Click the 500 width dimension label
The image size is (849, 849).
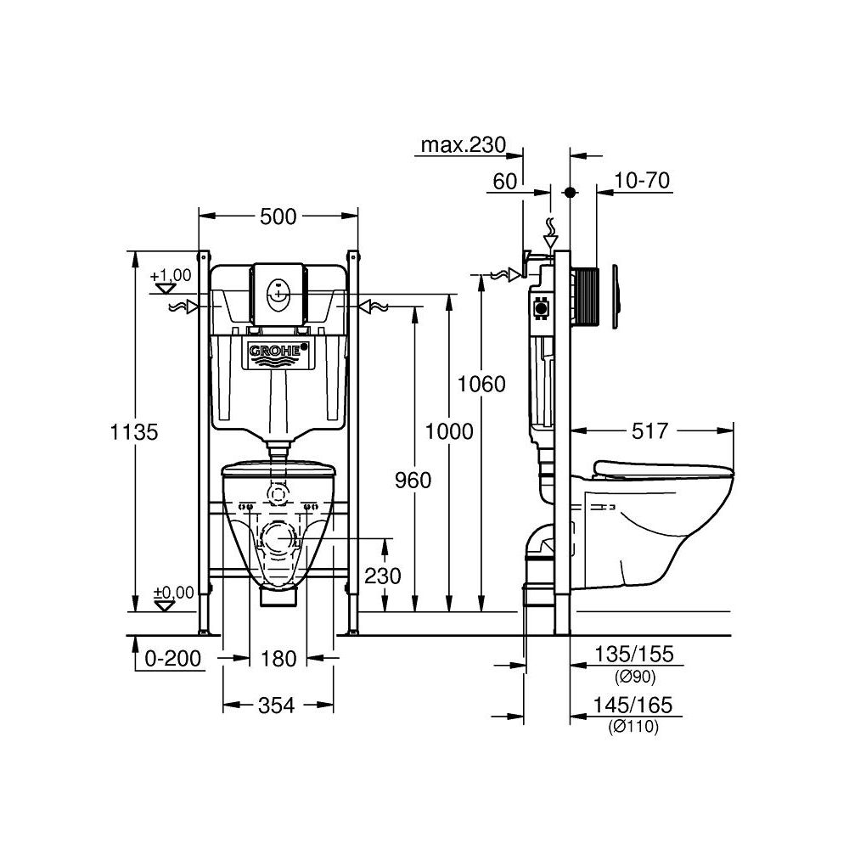pyautogui.click(x=278, y=216)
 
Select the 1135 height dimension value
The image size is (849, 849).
pyautogui.click(x=134, y=431)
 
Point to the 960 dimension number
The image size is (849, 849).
pyautogui.click(x=413, y=481)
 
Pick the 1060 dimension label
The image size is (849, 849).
pyautogui.click(x=481, y=384)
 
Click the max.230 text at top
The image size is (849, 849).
pyautogui.click(x=464, y=145)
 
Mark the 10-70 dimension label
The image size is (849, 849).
pyautogui.click(x=642, y=180)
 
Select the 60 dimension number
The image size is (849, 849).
pyautogui.click(x=504, y=180)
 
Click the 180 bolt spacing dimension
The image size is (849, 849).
pyautogui.click(x=278, y=658)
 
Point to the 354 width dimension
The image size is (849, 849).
pyautogui.click(x=278, y=705)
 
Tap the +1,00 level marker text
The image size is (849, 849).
pyautogui.click(x=171, y=276)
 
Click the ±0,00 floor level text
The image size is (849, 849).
pyautogui.click(x=172, y=592)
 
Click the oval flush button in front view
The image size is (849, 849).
pyautogui.click(x=278, y=294)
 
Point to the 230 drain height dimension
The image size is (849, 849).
pyautogui.click(x=383, y=575)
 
